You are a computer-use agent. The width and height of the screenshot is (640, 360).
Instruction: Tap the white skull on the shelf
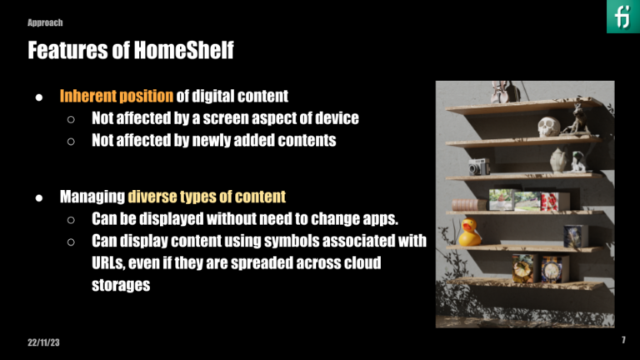pyautogui.click(x=547, y=127)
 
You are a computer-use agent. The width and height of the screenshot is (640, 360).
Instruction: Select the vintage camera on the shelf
pyautogui.click(x=478, y=167)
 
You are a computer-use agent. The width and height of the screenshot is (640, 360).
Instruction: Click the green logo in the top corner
pyautogui.click(x=622, y=17)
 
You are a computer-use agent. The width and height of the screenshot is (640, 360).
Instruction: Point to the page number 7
pyautogui.click(x=623, y=341)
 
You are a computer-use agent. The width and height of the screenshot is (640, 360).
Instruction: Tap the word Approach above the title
pyautogui.click(x=45, y=22)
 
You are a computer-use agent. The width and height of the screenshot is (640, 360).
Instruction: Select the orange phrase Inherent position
pyautogui.click(x=116, y=96)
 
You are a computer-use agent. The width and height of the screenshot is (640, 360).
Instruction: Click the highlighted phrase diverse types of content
pyautogui.click(x=207, y=197)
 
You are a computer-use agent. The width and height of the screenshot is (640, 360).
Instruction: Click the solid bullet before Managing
pyautogui.click(x=39, y=197)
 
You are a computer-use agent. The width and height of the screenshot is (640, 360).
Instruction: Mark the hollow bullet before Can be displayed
pyautogui.click(x=72, y=220)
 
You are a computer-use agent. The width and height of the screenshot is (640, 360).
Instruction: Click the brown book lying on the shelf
pyautogui.click(x=468, y=205)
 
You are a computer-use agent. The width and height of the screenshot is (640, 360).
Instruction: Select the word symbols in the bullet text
pyautogui.click(x=272, y=242)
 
